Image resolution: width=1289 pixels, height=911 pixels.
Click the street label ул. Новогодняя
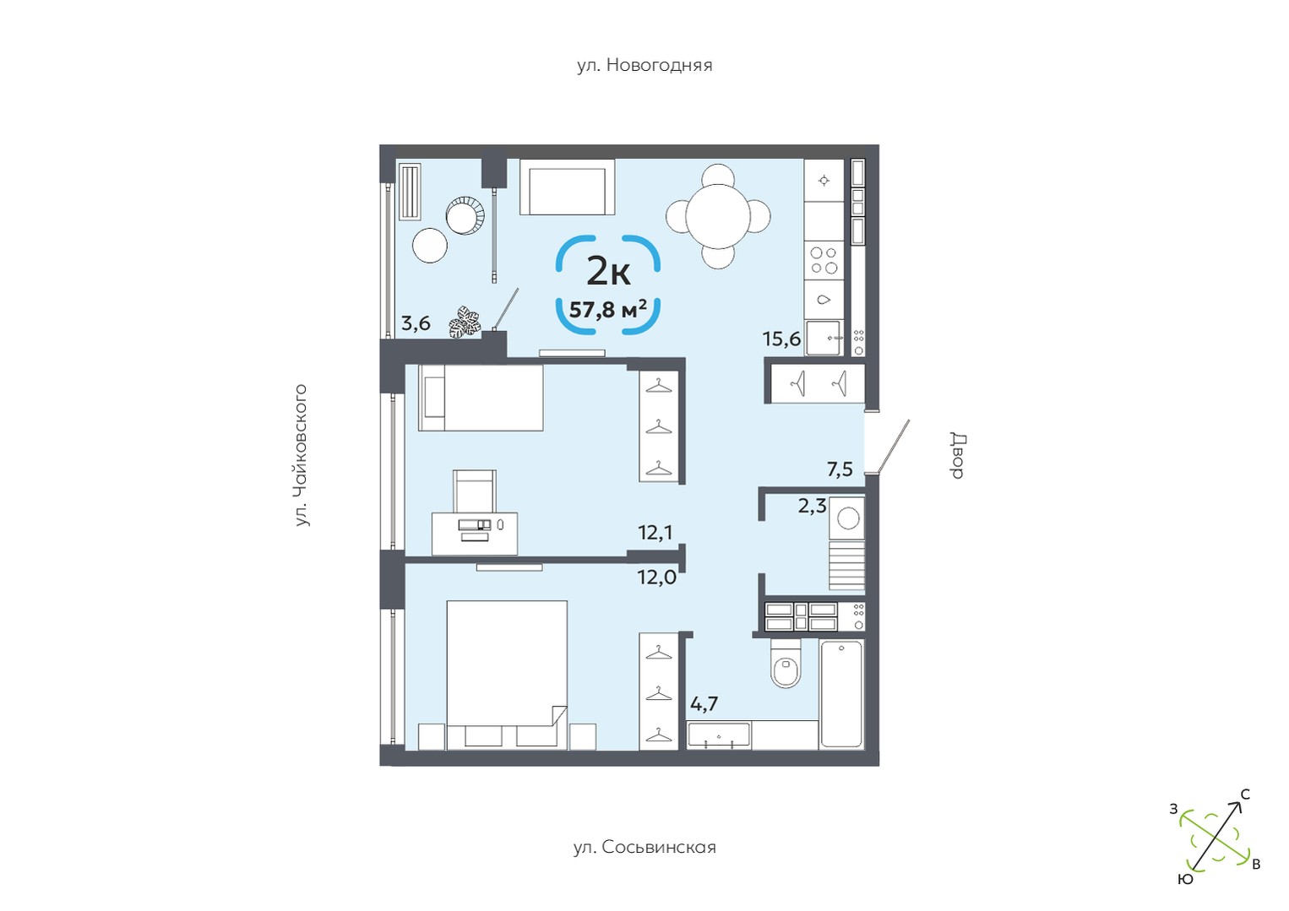coord(644,65)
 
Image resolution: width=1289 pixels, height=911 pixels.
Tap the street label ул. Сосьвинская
coord(644,847)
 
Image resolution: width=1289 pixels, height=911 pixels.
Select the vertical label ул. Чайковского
coord(301,455)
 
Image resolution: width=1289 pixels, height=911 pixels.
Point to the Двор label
coord(958,456)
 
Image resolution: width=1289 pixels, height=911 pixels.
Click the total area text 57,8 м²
coord(607,309)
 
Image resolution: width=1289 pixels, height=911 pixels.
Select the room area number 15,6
coord(781,339)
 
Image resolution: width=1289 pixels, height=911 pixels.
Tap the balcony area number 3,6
coord(416,323)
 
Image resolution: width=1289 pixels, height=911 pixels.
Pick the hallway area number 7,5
coord(840,469)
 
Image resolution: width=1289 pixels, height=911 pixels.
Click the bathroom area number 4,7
coord(704,703)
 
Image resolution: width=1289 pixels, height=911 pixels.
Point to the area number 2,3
coord(812,506)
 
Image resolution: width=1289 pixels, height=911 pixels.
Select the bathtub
coord(841,694)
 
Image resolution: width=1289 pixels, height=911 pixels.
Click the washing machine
coord(847,518)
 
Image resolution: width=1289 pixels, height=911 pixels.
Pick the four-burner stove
coord(824,260)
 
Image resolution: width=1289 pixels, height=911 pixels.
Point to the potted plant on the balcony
coord(465,322)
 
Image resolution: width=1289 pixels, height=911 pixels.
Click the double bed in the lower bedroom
coord(507,674)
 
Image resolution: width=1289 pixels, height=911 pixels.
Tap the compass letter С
coord(1245,794)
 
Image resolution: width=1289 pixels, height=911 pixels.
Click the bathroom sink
coord(719,735)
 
